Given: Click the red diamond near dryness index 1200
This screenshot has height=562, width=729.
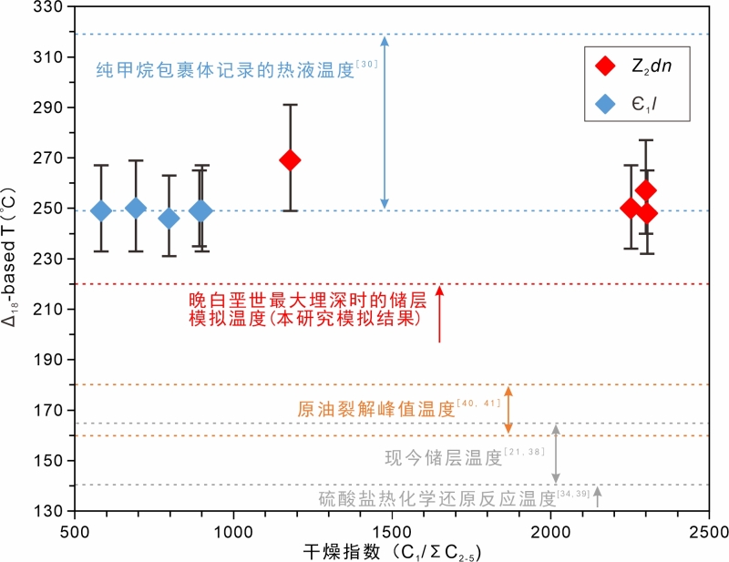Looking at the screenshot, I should point(290,160).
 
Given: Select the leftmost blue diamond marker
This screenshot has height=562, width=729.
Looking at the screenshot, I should point(101,211).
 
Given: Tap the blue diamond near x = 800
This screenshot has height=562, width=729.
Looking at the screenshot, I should point(169,218).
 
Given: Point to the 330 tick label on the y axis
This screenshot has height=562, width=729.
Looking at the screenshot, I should point(46,7).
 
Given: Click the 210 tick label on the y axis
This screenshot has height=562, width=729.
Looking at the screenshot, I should point(46,310).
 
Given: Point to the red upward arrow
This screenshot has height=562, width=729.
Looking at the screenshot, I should point(439,314).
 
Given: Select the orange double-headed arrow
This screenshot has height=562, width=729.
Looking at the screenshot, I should point(509,410).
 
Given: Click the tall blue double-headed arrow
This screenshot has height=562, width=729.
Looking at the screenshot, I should point(385,123).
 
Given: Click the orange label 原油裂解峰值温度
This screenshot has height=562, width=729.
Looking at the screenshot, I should point(375,410).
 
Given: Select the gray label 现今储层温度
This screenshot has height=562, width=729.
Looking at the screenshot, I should point(444,458).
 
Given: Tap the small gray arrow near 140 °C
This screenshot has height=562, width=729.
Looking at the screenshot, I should point(597,496).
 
